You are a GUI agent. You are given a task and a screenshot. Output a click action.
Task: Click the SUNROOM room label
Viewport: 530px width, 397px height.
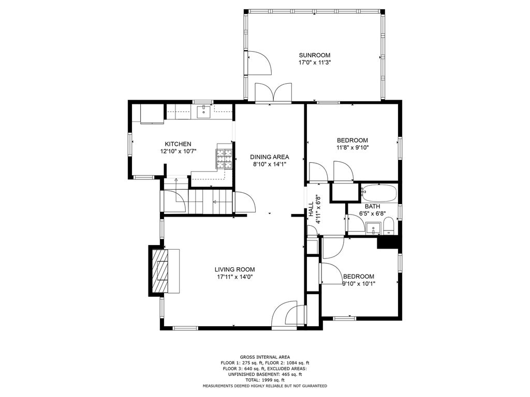pyautogui.click(x=314, y=55)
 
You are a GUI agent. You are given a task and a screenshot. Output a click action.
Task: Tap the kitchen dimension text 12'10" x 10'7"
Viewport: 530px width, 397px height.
pyautogui.click(x=178, y=151)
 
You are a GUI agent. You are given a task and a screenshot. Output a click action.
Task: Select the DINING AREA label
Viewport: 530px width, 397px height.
pyautogui.click(x=269, y=157)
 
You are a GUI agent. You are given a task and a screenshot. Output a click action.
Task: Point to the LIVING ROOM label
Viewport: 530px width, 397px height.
pyautogui.click(x=234, y=269)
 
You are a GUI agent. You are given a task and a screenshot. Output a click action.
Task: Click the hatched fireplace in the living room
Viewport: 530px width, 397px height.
pyautogui.click(x=160, y=271)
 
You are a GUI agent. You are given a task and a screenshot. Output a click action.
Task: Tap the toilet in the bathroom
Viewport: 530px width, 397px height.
pyautogui.click(x=389, y=226)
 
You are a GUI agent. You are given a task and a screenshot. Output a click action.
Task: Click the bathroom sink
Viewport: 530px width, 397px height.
pyautogui.click(x=374, y=228)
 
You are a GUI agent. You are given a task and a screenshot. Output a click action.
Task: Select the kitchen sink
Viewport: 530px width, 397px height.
pyautogui.click(x=203, y=111)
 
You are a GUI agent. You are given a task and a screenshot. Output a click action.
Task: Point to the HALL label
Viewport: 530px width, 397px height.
pyautogui.click(x=311, y=209)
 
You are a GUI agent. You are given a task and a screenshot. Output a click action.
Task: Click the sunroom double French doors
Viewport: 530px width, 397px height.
pyautogui.click(x=273, y=92)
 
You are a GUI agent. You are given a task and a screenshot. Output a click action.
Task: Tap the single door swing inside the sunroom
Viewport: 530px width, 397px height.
pyautogui.click(x=260, y=62)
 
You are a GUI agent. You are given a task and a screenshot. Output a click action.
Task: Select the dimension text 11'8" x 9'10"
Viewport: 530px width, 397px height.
pyautogui.click(x=352, y=147)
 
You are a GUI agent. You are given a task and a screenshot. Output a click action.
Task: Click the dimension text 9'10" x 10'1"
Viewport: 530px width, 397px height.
pyautogui.click(x=359, y=284)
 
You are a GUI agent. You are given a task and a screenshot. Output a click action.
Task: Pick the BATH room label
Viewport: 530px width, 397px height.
pyautogui.click(x=372, y=206)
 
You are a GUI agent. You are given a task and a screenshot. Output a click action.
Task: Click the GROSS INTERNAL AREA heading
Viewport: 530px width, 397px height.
pyautogui.click(x=264, y=357)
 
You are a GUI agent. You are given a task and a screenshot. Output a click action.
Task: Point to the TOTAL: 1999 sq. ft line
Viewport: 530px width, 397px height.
pyautogui.click(x=264, y=380)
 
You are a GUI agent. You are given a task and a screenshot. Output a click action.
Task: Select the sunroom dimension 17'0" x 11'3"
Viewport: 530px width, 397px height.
pyautogui.click(x=314, y=63)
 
